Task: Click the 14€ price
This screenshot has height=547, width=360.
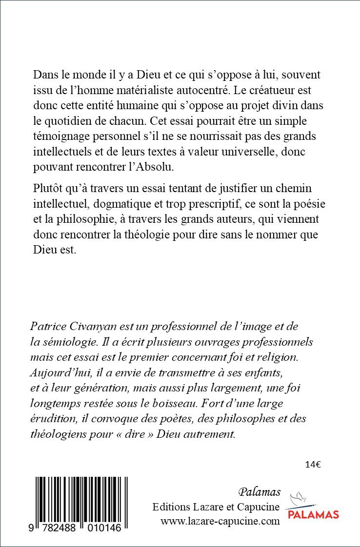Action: (x=312, y=464)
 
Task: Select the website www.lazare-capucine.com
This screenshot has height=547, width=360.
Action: (x=220, y=521)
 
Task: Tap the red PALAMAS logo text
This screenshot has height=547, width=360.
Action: (x=312, y=514)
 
